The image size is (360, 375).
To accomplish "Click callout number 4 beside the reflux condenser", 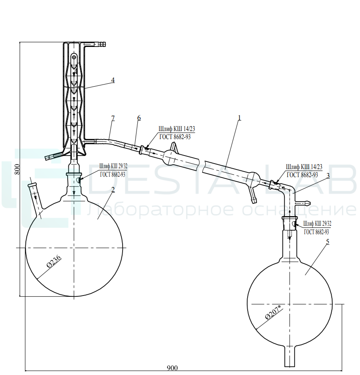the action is [113, 80].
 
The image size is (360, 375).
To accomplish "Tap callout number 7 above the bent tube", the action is [113, 118].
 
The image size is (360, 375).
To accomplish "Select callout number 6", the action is [139, 118].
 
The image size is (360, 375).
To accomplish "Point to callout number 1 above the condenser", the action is [240, 118].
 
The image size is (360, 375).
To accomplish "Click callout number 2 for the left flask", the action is [113, 190].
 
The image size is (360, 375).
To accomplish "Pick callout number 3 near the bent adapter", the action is [328, 175].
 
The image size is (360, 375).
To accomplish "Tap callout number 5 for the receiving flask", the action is [327, 242].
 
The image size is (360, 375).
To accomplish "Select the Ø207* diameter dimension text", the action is [274, 313].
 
